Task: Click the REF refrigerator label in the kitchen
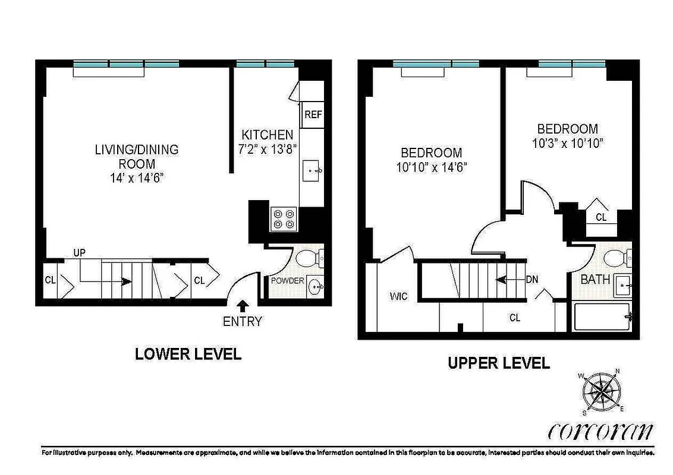pos(313,115)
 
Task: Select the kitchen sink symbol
pos(312,171)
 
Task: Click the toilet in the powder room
pos(309,258)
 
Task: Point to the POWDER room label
pos(288,281)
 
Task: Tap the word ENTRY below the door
pos(243,322)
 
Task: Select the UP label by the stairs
pos(80,253)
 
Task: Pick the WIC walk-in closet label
pos(399,296)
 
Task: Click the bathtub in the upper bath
pos(602,317)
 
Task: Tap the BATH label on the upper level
pos(595,279)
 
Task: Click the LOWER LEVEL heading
pos(188,354)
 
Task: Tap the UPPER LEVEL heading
pos(498,363)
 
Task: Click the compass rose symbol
pos(602,392)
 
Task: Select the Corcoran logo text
pos(600,431)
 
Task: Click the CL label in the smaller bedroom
pos(601,218)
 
